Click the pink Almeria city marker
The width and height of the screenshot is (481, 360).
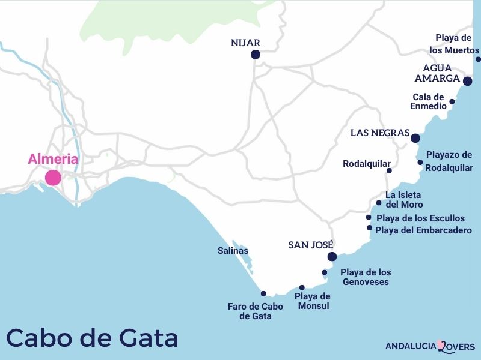click(53, 178)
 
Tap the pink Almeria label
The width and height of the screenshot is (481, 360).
click(53, 159)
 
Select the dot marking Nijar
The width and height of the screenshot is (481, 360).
click(255, 55)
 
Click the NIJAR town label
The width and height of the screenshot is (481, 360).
click(245, 43)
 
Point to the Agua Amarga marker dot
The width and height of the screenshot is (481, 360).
click(468, 80)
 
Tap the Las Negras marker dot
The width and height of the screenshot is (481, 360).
click(415, 138)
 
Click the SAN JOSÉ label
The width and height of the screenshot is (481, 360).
click(311, 245)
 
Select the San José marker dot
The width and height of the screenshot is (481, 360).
click(331, 257)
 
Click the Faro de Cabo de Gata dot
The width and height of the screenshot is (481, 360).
click(263, 293)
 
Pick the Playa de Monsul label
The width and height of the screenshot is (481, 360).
click(313, 301)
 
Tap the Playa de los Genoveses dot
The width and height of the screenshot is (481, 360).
click(325, 272)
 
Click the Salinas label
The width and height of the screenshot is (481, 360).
click(233, 251)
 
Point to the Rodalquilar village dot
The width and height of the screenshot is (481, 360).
click(389, 170)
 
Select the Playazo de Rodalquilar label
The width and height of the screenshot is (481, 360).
click(449, 161)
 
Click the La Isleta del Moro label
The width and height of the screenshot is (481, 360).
click(403, 200)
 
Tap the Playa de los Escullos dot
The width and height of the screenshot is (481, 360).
click(369, 217)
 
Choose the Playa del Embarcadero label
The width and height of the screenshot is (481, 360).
click(423, 230)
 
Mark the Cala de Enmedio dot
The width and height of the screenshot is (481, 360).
click(452, 101)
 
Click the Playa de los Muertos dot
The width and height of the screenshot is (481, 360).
click(478, 59)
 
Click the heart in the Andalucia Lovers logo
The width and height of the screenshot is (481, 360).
click(441, 346)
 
